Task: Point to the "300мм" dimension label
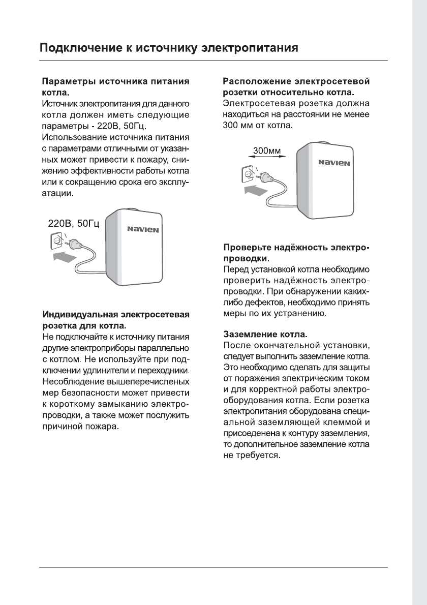[x=266, y=150]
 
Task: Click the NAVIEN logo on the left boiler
[x=143, y=229]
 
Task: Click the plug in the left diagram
[x=74, y=246]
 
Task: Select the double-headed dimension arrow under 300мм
[x=266, y=158]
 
